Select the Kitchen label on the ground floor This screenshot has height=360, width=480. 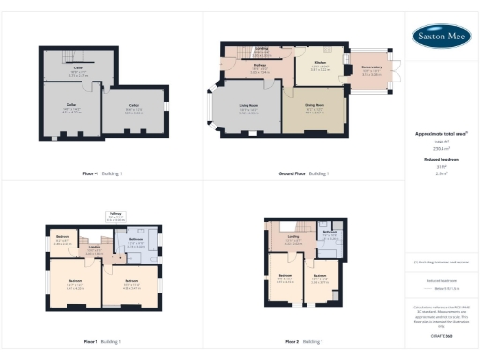pyautogui.click(x=319, y=64)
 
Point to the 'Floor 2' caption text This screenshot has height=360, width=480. pyautogui.click(x=298, y=342)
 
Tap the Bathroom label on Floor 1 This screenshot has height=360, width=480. pyautogui.click(x=136, y=239)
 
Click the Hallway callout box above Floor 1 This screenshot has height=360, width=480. pyautogui.click(x=115, y=217)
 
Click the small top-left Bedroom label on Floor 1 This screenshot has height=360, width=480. pyautogui.click(x=63, y=238)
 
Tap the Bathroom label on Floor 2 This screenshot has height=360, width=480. pyautogui.click(x=330, y=234)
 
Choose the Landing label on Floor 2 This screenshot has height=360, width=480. pyautogui.click(x=293, y=239)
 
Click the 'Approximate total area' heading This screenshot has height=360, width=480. pyautogui.click(x=441, y=134)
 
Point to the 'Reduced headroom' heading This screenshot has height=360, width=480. pyautogui.click(x=441, y=160)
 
